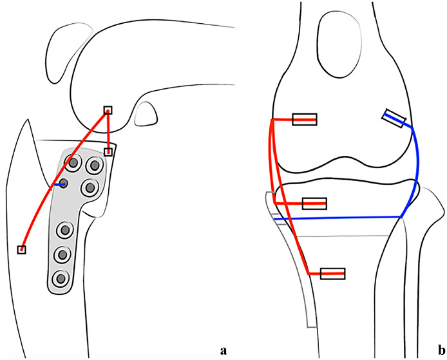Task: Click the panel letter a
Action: tap(223, 350)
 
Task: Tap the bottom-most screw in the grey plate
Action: tap(61, 279)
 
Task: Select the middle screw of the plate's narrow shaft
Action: tap(62, 255)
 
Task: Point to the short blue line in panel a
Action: tap(58, 185)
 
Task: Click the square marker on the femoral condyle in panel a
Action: tap(108, 109)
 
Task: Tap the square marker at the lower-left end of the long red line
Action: tap(21, 249)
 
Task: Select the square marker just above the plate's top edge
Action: tap(108, 152)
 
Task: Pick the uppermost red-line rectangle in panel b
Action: tap(304, 119)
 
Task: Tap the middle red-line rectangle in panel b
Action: tap(314, 204)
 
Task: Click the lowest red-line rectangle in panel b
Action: tap(332, 273)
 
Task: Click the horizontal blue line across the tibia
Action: tap(335, 218)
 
